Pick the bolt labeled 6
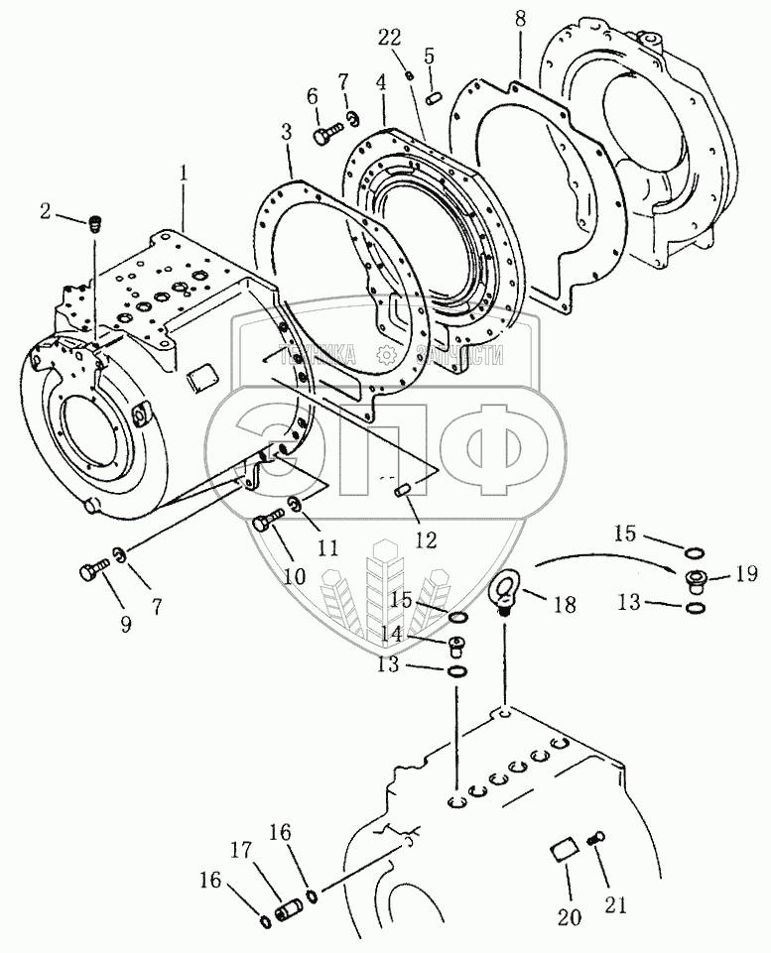tap(326, 133)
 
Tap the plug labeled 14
tap(458, 647)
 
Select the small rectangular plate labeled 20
tap(563, 851)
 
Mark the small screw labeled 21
tap(596, 839)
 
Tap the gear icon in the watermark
tap(385, 355)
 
